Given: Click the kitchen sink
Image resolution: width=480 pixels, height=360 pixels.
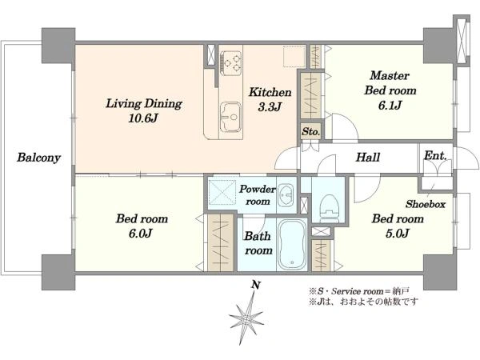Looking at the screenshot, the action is pyautogui.click(x=230, y=117).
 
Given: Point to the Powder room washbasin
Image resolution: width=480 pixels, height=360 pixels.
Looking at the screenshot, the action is pyautogui.click(x=286, y=195).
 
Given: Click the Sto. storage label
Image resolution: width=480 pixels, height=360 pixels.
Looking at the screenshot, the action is pyautogui.click(x=310, y=132).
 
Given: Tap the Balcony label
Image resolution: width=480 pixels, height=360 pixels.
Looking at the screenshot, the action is pyautogui.click(x=38, y=158).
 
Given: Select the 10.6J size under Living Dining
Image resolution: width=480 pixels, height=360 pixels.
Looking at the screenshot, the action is pyautogui.click(x=142, y=118).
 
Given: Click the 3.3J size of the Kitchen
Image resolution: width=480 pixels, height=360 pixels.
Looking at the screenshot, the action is pyautogui.click(x=270, y=107).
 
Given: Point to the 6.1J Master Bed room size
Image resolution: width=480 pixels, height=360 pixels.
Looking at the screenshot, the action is pyautogui.click(x=390, y=106).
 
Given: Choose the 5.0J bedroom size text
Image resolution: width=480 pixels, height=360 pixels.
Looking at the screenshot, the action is pyautogui.click(x=397, y=234).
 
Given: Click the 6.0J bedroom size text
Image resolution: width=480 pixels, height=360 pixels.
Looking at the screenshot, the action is pyautogui.click(x=141, y=234).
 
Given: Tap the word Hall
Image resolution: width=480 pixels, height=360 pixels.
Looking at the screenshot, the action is pyautogui.click(x=368, y=158).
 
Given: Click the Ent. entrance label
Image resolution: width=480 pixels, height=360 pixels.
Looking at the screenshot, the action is pyautogui.click(x=435, y=155).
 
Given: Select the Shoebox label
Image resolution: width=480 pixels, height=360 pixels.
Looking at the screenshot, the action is pyautogui.click(x=426, y=204).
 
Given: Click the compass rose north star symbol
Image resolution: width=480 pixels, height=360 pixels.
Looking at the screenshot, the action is pyautogui.click(x=246, y=319).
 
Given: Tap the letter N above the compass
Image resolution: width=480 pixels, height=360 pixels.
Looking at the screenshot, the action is pyautogui.click(x=256, y=286).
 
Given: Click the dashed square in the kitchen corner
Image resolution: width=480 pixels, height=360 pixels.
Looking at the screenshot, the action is pyautogui.click(x=294, y=57).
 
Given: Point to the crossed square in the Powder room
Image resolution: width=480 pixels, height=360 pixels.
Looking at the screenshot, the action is pyautogui.click(x=222, y=192).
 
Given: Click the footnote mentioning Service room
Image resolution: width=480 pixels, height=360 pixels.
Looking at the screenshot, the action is pyautogui.click(x=359, y=291).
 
